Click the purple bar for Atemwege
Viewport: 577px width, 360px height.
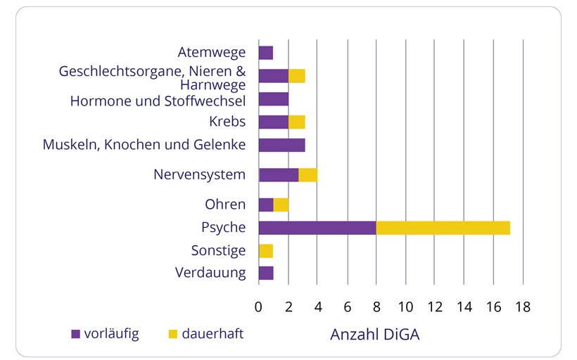265,53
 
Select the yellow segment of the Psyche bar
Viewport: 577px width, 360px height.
443,228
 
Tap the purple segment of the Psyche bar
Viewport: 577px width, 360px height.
317,228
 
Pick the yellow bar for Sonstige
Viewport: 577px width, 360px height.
265,251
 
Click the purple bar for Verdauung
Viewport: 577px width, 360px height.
265,274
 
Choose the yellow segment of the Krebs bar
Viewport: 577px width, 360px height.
296,122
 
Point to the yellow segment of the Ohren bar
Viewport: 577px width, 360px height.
281,205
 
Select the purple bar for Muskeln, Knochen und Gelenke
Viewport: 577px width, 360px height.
281,146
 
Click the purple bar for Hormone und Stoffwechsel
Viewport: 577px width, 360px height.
273,99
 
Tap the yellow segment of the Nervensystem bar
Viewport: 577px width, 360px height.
307,175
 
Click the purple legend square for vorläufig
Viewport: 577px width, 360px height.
76,334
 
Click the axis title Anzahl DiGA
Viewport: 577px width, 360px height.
375,335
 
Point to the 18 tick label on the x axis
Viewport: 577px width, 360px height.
521,307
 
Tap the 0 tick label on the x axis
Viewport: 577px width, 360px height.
258,307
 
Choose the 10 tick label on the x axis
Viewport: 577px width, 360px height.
405,307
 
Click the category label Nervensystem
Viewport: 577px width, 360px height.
199,174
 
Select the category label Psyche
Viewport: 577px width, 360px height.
223,228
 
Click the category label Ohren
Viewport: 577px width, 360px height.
225,205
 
